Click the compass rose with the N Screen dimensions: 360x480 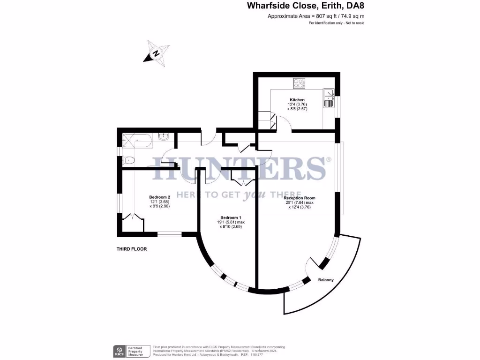(156, 53)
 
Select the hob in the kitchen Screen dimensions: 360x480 (299, 84)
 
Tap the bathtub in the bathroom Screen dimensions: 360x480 (136, 140)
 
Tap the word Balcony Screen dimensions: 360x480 (326, 280)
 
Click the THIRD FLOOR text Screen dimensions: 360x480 (132, 249)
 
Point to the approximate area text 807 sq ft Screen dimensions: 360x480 (315, 16)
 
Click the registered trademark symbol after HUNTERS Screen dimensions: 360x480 (329, 160)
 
